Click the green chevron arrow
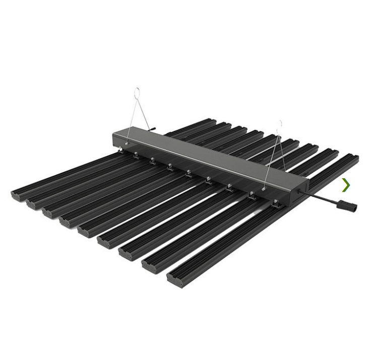click(346, 185)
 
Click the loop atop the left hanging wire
click(137, 92)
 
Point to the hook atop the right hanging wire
click(280, 123)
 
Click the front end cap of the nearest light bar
click(174, 280)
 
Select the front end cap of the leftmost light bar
click(18, 195)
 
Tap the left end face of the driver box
click(115, 140)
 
